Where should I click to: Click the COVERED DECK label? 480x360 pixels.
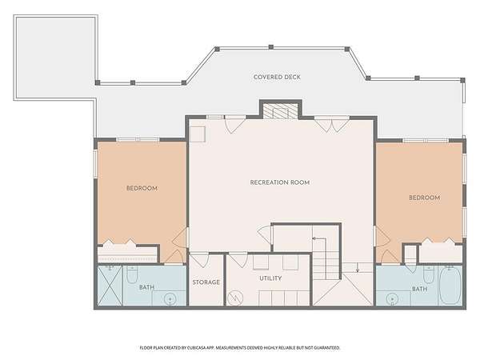[x=277, y=77]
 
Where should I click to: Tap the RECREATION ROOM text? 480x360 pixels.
[x=280, y=182]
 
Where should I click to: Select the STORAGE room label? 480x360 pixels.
[x=206, y=282]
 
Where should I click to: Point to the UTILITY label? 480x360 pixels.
[x=270, y=278]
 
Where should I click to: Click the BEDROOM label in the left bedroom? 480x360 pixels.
[x=142, y=188]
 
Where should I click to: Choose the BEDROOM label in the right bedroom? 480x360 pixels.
[x=425, y=198]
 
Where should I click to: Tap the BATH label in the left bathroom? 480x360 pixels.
[x=146, y=287]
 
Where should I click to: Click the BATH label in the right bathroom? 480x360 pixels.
[x=419, y=289]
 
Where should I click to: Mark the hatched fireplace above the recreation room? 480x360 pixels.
[x=281, y=111]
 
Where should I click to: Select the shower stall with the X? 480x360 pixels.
[x=110, y=286]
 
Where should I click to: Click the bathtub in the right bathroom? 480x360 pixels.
[x=450, y=286]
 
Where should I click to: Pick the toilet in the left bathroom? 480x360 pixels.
[x=132, y=274]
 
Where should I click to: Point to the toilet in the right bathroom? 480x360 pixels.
[x=429, y=274]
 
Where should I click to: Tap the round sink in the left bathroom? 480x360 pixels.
[x=170, y=298]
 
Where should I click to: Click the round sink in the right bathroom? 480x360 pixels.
[x=391, y=298]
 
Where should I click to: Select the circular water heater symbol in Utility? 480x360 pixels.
[x=235, y=298]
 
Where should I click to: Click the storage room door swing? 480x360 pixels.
[x=199, y=259]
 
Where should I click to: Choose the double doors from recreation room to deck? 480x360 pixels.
[x=332, y=124]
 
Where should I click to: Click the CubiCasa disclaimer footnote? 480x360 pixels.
[x=240, y=348]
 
